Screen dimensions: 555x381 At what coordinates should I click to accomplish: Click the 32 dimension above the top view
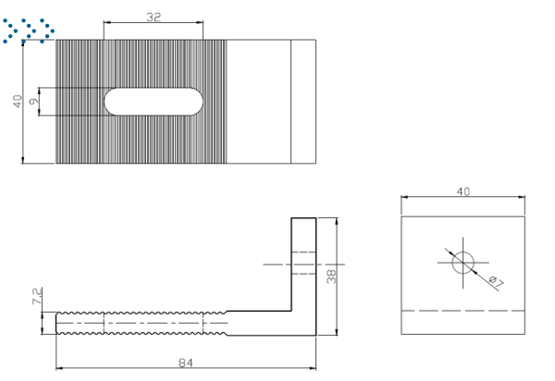click(x=154, y=17)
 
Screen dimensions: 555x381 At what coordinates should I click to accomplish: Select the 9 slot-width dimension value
click(x=34, y=102)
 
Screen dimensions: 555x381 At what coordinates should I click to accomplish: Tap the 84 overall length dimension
click(x=186, y=363)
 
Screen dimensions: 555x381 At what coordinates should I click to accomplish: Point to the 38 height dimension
click(x=331, y=277)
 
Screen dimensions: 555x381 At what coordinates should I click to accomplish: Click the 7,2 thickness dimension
click(x=37, y=296)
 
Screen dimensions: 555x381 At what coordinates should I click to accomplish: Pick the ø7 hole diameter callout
click(x=496, y=282)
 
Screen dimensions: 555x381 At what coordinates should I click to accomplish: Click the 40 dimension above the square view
click(x=463, y=191)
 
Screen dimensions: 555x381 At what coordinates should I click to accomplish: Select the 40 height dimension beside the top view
click(x=18, y=101)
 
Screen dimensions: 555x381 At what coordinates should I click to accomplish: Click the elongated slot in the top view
click(x=154, y=102)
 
